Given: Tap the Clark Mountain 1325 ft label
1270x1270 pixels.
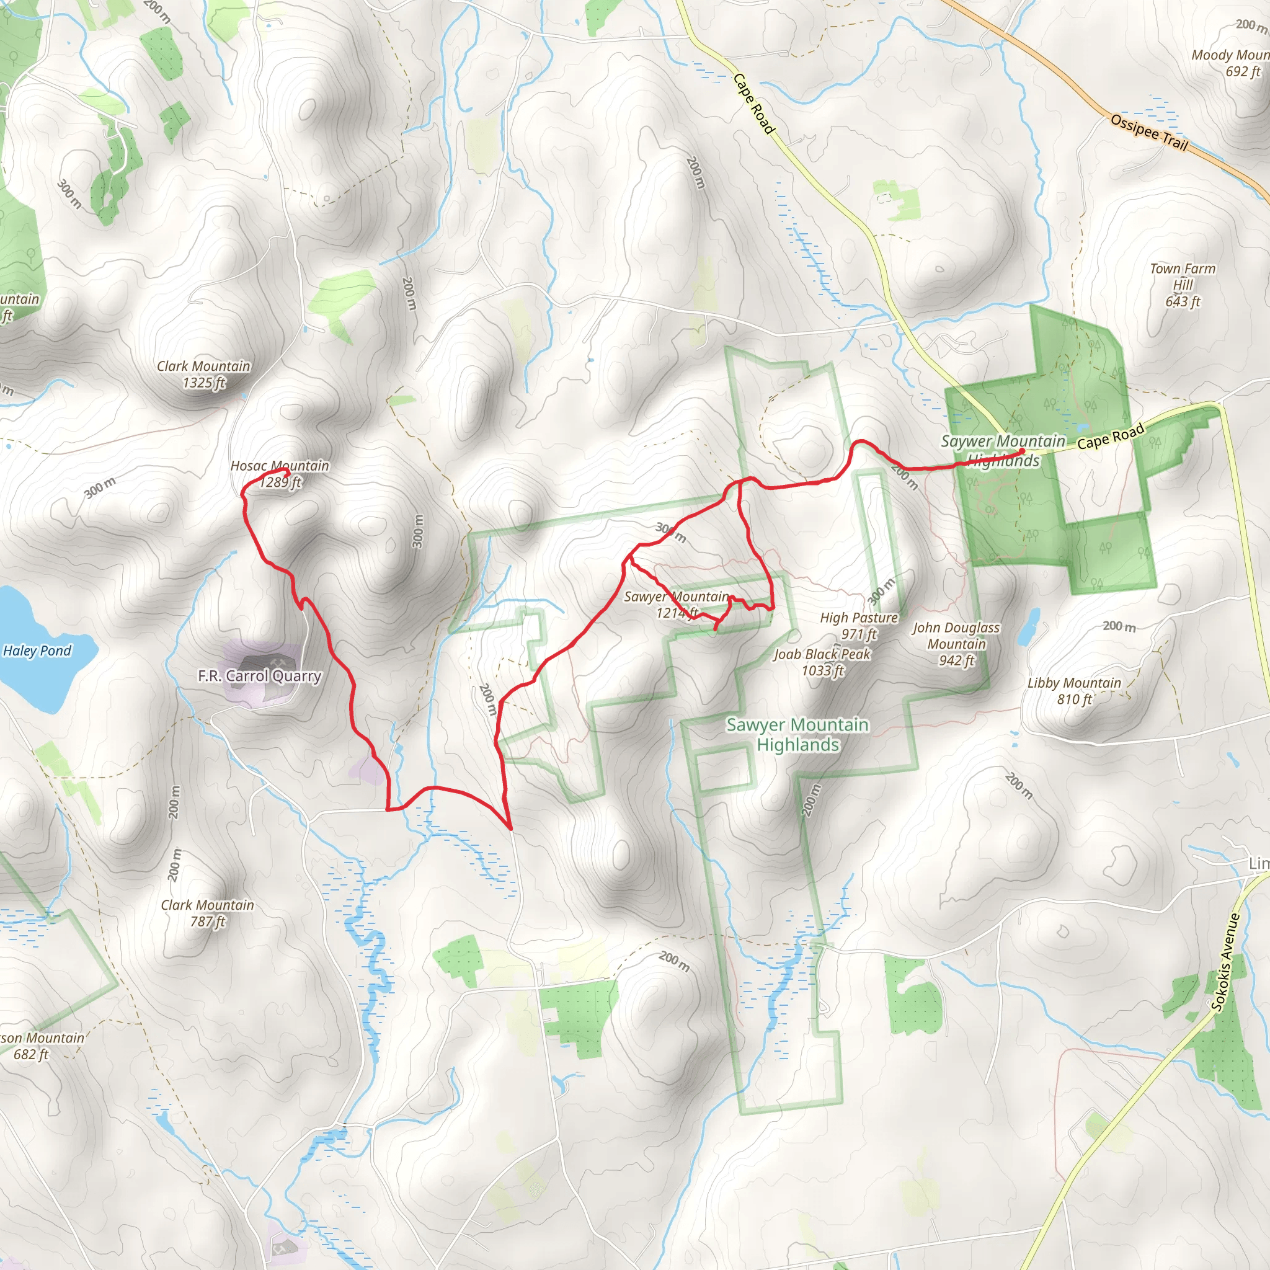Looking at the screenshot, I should click(x=204, y=374).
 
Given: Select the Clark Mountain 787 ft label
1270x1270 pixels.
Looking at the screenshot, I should click(x=208, y=913).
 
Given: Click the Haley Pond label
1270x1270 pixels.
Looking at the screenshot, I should click(x=37, y=651).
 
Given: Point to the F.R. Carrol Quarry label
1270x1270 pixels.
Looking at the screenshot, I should click(x=260, y=676).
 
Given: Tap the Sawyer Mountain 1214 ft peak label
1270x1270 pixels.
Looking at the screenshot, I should click(x=677, y=605).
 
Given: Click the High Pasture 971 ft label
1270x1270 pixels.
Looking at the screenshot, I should click(x=858, y=626).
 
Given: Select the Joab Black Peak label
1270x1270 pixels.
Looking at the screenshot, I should click(x=822, y=662).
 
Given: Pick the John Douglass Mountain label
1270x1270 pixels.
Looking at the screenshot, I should click(x=956, y=644).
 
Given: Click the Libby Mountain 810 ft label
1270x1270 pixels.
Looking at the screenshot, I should click(x=1074, y=691).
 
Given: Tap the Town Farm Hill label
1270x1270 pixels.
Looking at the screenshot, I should click(x=1183, y=285).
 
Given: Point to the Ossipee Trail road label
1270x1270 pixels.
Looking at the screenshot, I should click(x=1149, y=131).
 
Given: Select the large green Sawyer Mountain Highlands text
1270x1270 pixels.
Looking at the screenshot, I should click(x=797, y=734).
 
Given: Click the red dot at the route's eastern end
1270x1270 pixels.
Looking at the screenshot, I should click(x=1022, y=451).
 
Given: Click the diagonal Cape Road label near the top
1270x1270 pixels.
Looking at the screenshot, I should click(x=753, y=103).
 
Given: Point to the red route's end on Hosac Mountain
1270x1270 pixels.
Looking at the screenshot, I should click(x=287, y=471).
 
